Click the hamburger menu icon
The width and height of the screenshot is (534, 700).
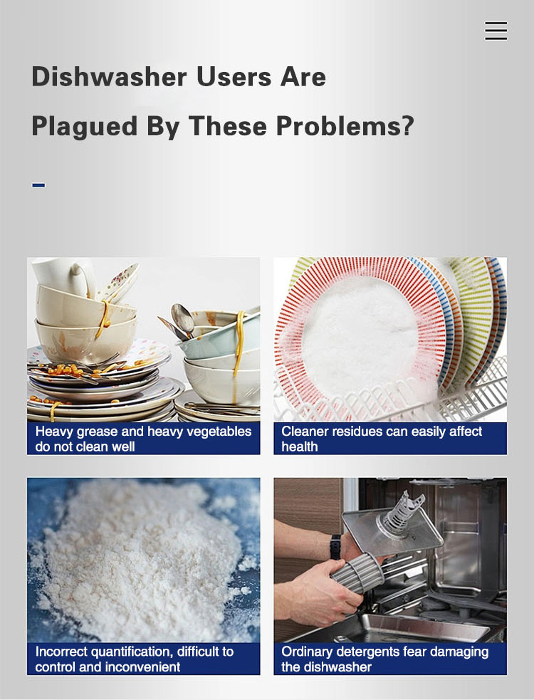pos(496,31)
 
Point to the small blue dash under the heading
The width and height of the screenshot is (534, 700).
pos(38,185)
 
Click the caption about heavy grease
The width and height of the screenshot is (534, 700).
pos(143,439)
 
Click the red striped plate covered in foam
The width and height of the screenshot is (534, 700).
pos(360,335)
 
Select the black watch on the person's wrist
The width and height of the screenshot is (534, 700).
pos(335,547)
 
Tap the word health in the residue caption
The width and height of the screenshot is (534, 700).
pos(300,446)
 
